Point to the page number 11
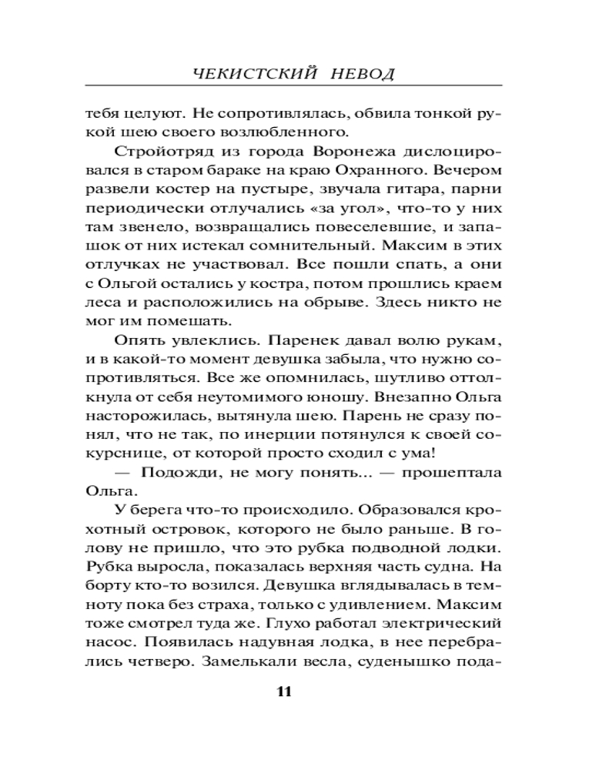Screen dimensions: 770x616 (283, 690)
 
